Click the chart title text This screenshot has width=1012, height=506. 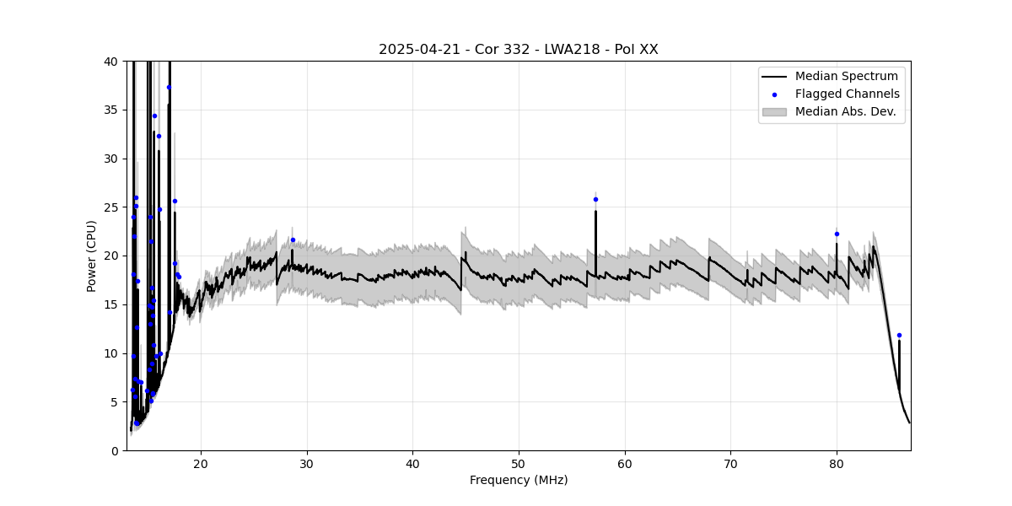(518, 50)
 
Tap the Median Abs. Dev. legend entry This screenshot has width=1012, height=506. (847, 111)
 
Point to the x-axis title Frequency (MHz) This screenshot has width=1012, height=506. (518, 480)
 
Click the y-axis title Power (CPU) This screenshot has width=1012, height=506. (91, 256)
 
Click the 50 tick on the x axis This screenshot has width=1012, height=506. (519, 463)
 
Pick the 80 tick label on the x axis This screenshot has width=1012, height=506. (837, 463)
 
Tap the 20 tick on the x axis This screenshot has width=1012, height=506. (201, 463)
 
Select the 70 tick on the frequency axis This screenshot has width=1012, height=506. (730, 463)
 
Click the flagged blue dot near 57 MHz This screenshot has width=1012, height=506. (595, 199)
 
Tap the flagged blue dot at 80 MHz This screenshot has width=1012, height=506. (837, 234)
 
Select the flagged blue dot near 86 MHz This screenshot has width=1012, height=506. (899, 335)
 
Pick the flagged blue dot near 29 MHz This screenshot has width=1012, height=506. (293, 240)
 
